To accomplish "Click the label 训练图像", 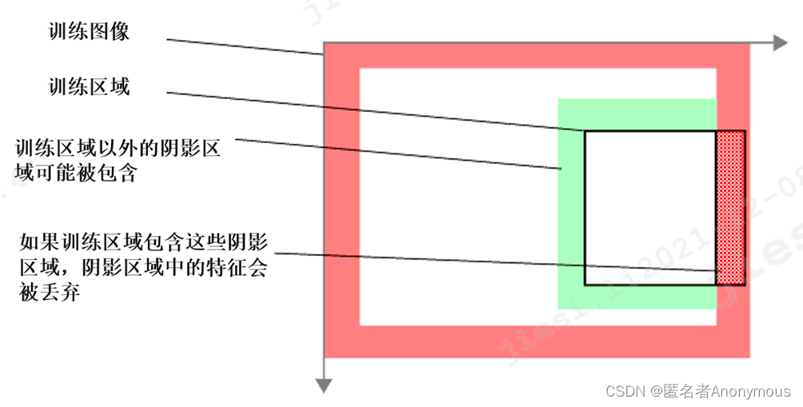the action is pyautogui.click(x=89, y=32).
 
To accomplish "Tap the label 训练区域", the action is pyautogui.click(x=89, y=86).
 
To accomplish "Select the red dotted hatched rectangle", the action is pyautogui.click(x=730, y=208).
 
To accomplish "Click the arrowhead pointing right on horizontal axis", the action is pyautogui.click(x=781, y=43).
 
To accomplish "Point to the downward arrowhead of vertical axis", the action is pyautogui.click(x=323, y=386).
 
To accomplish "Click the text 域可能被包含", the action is pyautogui.click(x=76, y=173).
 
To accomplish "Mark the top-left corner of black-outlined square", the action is pyautogui.click(x=585, y=131).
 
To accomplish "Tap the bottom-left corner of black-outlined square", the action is pyautogui.click(x=585, y=285).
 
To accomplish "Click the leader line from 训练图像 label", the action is pyautogui.click(x=240, y=46).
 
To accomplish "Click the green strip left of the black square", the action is pyautogui.click(x=571, y=208).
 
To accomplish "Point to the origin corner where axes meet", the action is pyautogui.click(x=323, y=43).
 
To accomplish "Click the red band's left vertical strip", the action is pyautogui.click(x=342, y=200).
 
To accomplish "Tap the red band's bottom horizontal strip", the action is pyautogui.click(x=536, y=341).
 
